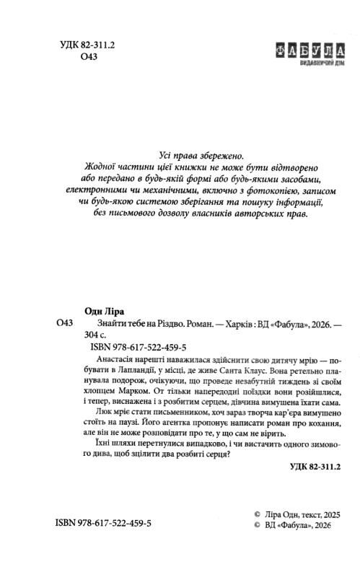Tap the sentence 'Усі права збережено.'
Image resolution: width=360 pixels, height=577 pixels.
point(201,154)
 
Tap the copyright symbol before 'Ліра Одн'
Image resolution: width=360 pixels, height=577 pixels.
point(247,514)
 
